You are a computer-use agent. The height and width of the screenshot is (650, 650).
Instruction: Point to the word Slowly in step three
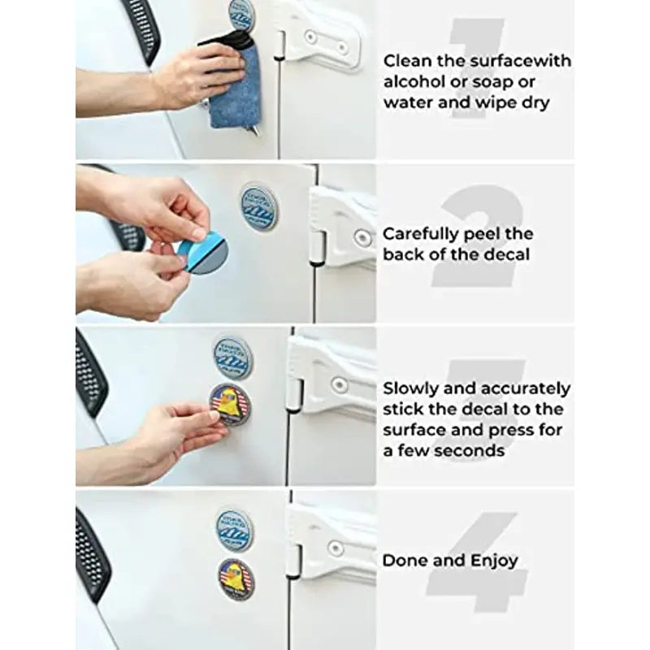410,389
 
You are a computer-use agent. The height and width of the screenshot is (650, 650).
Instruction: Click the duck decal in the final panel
236,580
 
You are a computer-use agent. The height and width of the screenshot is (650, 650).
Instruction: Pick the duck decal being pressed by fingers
231,405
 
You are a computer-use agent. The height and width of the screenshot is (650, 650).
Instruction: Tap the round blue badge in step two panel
259,206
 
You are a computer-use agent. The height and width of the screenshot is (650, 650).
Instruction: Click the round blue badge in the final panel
234,531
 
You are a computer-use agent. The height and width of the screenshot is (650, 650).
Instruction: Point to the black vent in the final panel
92,556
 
